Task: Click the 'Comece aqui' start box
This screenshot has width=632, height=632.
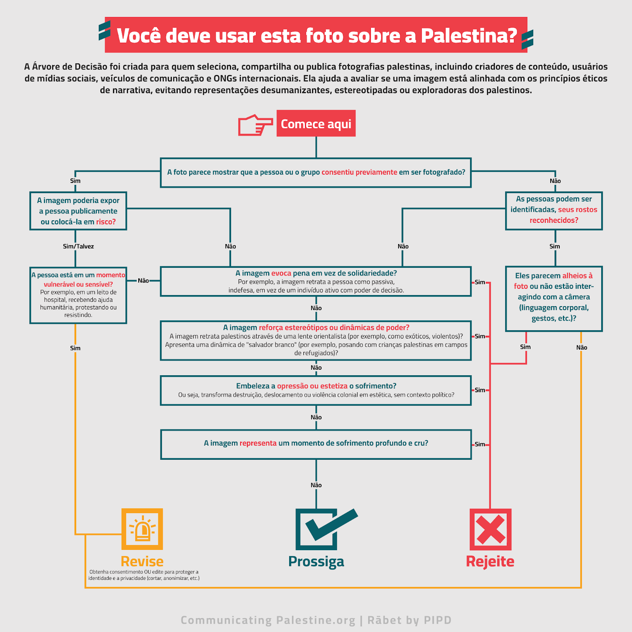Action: tap(316, 124)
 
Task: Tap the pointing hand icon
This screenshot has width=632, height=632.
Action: tap(255, 125)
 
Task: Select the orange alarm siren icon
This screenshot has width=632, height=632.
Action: tap(142, 529)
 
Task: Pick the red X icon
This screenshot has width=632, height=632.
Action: tap(490, 529)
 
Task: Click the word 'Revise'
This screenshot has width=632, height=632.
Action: tap(142, 561)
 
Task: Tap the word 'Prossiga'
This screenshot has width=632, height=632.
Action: tap(316, 561)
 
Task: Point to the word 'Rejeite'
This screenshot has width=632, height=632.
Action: tap(490, 561)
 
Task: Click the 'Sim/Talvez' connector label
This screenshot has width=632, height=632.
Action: tap(78, 246)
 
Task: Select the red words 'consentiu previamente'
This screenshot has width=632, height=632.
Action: tap(359, 172)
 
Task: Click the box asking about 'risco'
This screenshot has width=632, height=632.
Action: tap(78, 211)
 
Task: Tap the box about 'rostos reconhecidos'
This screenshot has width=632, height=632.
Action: tap(554, 211)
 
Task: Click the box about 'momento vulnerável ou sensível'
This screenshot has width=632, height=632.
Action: tap(78, 295)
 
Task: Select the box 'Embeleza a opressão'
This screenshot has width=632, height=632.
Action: tap(316, 390)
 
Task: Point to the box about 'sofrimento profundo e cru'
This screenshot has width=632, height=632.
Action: tap(316, 444)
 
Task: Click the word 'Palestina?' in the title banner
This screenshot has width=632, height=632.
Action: tap(469, 36)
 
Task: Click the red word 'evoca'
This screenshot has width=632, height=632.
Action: tap(281, 273)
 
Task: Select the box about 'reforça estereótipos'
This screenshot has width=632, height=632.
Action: tap(316, 340)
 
